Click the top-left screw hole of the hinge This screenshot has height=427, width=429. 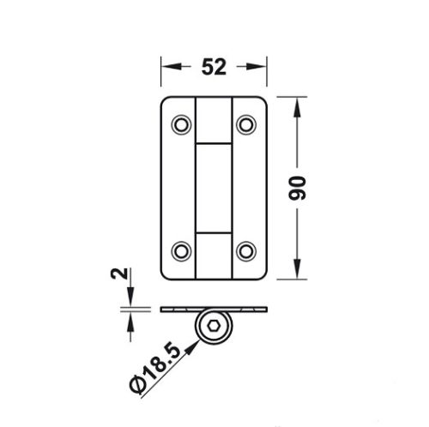pos(181,125)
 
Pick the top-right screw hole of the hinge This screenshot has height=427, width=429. pos(246,125)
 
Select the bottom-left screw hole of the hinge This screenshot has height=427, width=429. pos(181,250)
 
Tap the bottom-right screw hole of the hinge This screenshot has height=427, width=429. pos(246,250)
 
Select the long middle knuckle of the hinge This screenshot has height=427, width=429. pos(214,188)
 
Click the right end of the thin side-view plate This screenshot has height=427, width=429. pos(268,309)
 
